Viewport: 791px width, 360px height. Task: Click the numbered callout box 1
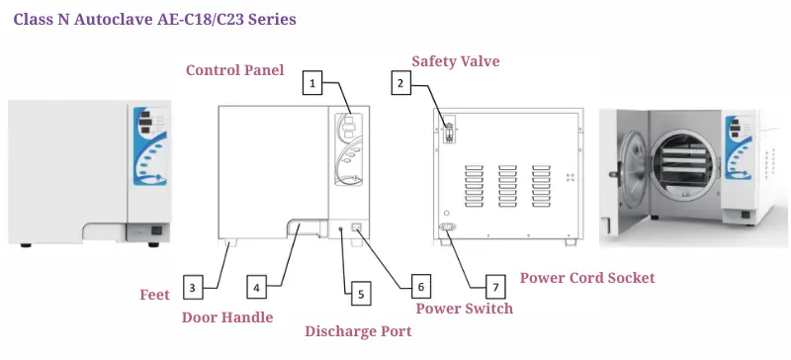pos(312,83)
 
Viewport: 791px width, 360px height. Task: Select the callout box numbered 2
pos(401,83)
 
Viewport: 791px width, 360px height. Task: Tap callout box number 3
pos(192,288)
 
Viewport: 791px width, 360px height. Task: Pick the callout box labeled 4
pos(257,288)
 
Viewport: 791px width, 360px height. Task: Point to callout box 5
pos(361,295)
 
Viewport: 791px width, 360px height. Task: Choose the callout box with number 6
pos(421,287)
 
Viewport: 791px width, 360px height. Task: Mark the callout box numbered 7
pos(495,287)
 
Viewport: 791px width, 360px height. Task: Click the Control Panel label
pos(235,69)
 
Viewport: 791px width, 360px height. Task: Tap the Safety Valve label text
pos(456,61)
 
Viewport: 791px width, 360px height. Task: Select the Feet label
pos(155,295)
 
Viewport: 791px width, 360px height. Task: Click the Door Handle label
pos(227,317)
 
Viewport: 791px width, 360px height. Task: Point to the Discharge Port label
pos(358,331)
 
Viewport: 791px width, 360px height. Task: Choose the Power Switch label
pos(464,308)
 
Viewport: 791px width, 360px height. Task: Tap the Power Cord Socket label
pos(587,277)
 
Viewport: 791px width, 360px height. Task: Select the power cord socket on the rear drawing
pos(447,226)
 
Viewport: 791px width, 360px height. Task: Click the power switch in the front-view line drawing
pos(357,227)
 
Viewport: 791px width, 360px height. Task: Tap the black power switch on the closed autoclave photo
pos(157,230)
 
